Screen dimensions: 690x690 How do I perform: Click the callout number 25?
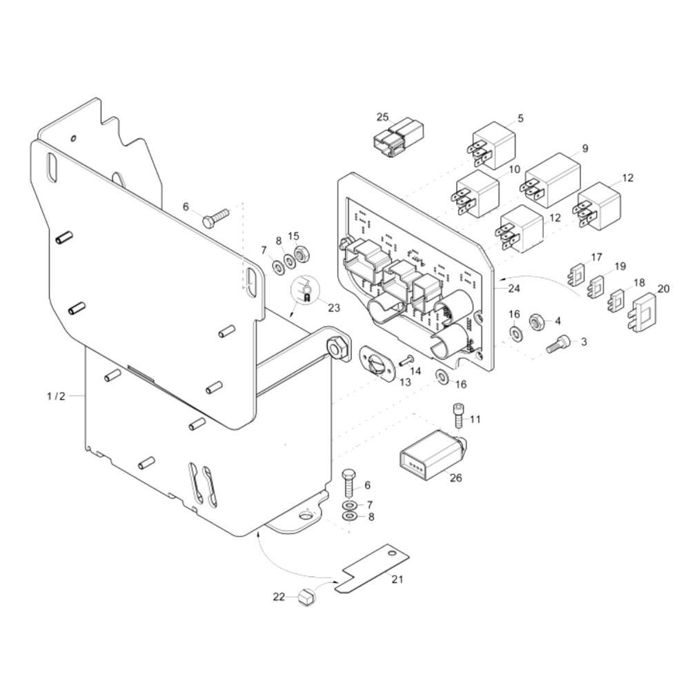pyautogui.click(x=383, y=117)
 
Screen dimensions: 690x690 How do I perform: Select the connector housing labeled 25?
pyautogui.click(x=398, y=137)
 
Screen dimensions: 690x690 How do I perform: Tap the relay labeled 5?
pyautogui.click(x=491, y=145)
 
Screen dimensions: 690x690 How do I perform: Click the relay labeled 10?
pyautogui.click(x=475, y=194)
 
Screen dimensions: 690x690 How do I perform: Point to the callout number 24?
pyautogui.click(x=514, y=288)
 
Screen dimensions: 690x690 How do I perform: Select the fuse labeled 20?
pyautogui.click(x=644, y=312)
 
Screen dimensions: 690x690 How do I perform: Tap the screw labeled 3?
pyautogui.click(x=559, y=343)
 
